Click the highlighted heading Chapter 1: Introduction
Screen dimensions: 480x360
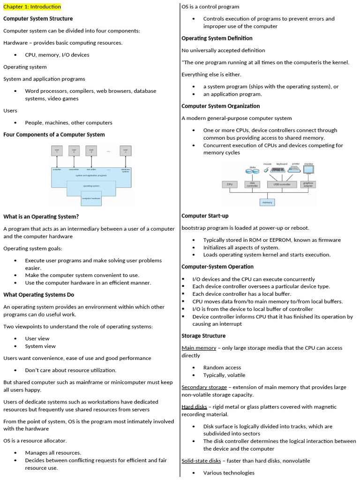(x=32, y=7)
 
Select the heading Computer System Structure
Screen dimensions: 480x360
(x=38, y=19)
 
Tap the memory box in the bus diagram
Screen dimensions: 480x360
(x=267, y=202)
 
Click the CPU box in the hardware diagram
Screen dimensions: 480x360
(x=230, y=185)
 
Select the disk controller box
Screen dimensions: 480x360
(x=252, y=185)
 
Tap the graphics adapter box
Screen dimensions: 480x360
(x=308, y=185)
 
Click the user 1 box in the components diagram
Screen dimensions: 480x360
(x=57, y=150)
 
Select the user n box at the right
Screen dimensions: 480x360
(x=125, y=150)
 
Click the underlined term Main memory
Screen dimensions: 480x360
(x=199, y=348)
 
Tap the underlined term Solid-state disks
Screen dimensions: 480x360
(x=201, y=461)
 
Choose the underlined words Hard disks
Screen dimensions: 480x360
(x=194, y=407)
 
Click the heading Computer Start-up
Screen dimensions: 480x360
(x=205, y=216)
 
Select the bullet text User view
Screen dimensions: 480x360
(x=37, y=338)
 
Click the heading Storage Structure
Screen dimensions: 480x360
(x=203, y=336)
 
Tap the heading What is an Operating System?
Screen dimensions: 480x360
(x=41, y=217)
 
